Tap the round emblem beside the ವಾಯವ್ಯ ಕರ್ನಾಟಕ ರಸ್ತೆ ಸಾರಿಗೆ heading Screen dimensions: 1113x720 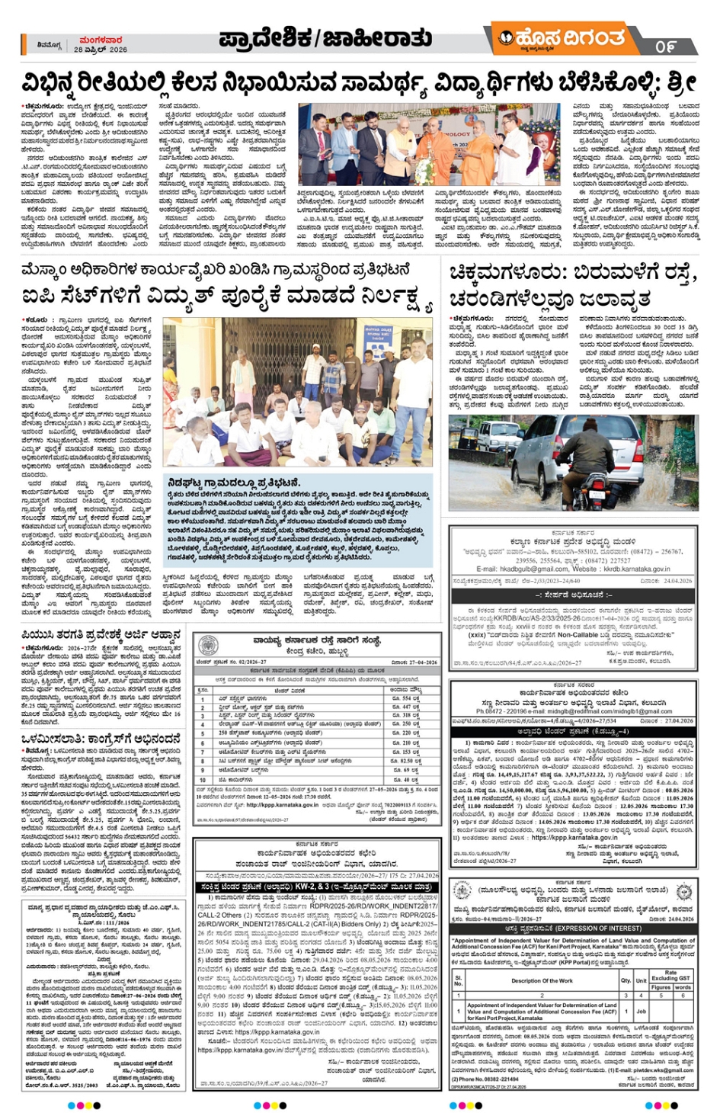[207, 645]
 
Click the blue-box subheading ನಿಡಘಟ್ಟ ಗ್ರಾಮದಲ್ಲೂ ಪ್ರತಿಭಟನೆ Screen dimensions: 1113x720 [234, 483]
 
